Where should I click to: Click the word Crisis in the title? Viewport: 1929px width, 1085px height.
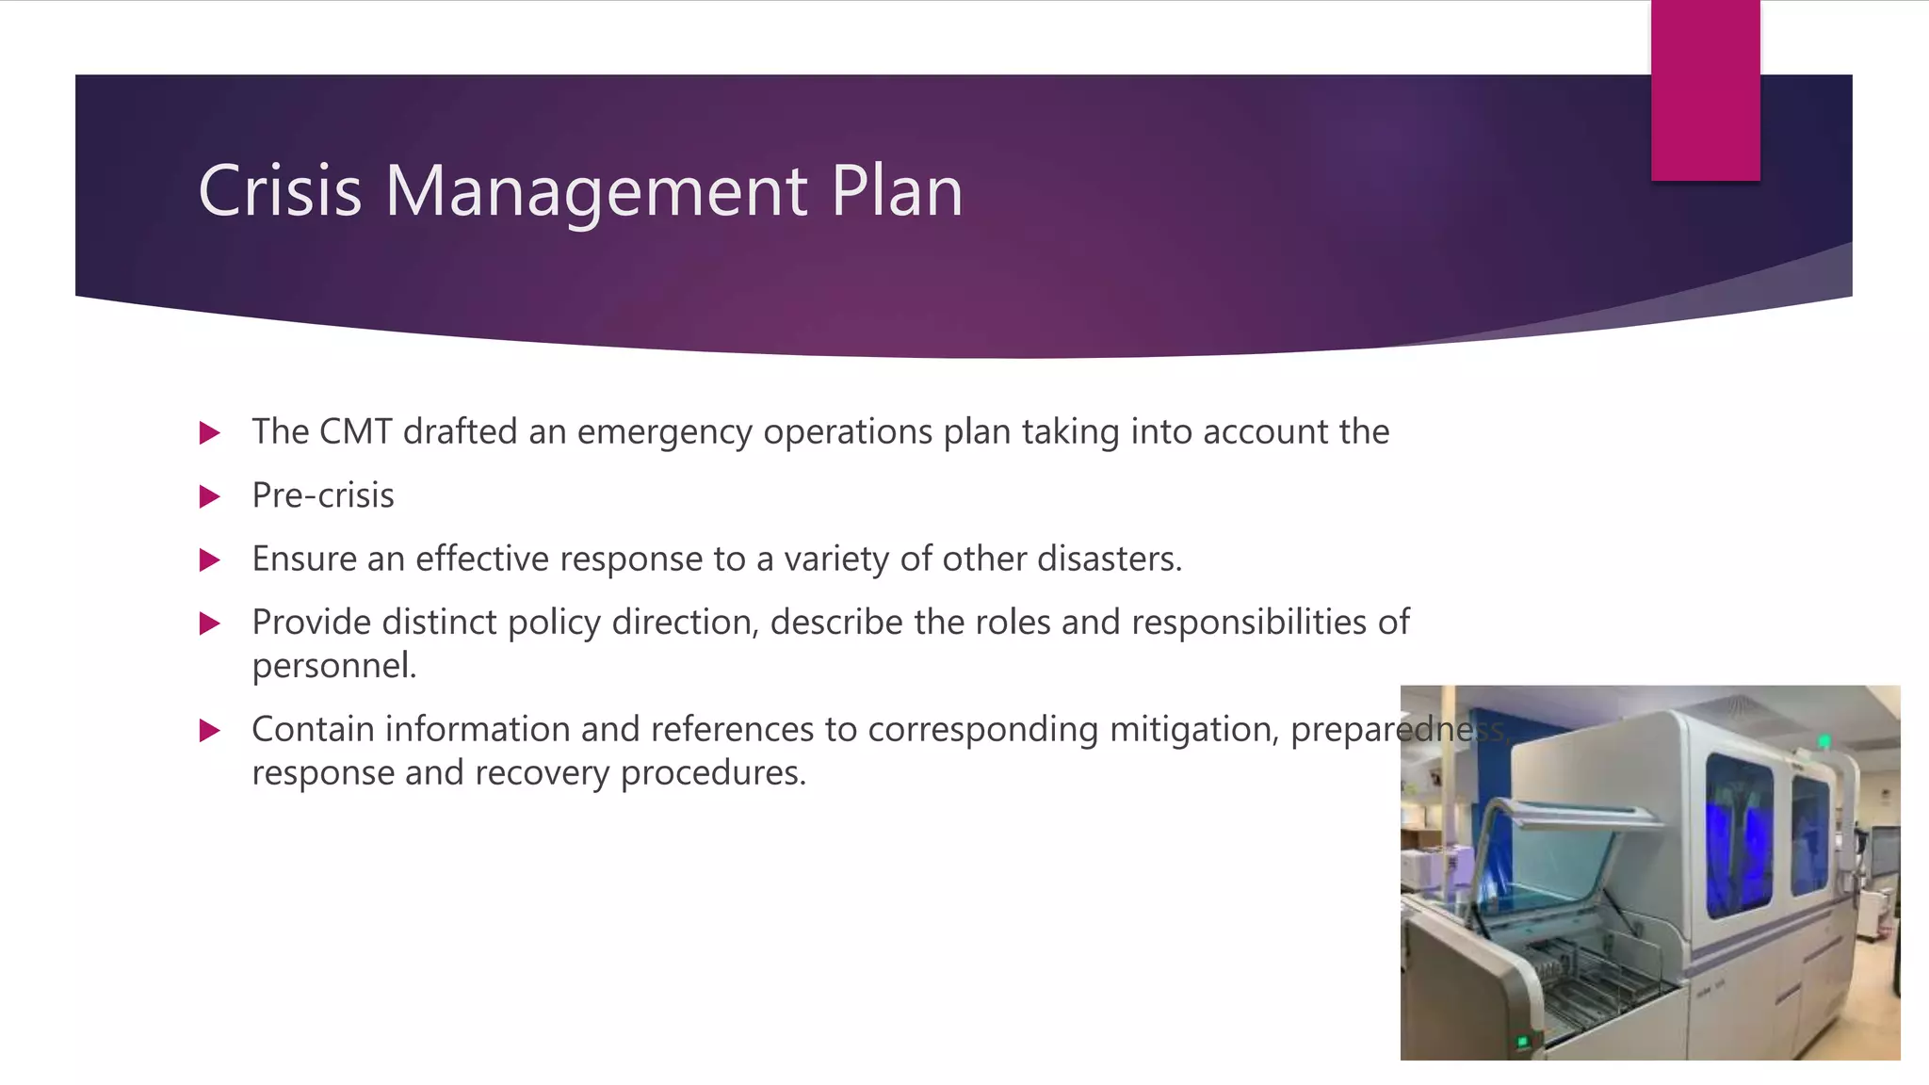tap(280, 191)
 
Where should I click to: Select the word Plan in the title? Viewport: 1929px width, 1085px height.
tap(897, 191)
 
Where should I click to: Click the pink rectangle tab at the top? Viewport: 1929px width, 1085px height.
tap(1705, 90)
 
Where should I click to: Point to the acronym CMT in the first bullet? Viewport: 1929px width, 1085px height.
tap(355, 431)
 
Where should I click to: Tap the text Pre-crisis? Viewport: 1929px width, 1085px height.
tap(323, 495)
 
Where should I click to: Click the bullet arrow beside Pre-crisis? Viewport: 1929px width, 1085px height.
tap(210, 496)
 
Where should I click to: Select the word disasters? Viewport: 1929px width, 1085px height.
tap(1109, 559)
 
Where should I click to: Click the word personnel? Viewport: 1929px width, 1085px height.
tap(333, 666)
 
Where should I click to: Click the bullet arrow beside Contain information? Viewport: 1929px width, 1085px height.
tap(210, 730)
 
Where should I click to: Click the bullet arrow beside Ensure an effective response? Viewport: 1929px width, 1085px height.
tap(210, 560)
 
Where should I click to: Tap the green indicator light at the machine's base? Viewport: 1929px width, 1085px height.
tap(1522, 1042)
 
